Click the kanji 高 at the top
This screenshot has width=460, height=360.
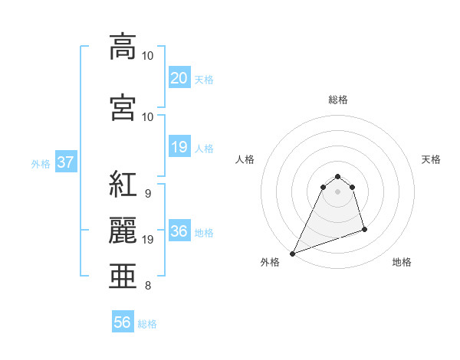(x=123, y=46)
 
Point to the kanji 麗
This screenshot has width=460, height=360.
(x=123, y=229)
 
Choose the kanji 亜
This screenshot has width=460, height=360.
(x=123, y=276)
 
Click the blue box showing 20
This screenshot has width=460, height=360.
(x=179, y=78)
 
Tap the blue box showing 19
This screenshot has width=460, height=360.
(x=179, y=147)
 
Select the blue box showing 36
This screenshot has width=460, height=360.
(x=179, y=232)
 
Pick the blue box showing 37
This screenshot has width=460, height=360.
(x=64, y=162)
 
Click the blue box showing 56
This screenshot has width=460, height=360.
(x=123, y=323)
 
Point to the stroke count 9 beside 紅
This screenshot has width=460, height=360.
(x=147, y=194)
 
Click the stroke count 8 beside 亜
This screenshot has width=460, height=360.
(x=147, y=286)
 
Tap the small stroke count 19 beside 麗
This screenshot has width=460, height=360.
(x=149, y=240)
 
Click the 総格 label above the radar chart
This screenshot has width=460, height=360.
(x=338, y=100)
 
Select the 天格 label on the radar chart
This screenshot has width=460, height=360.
(x=431, y=159)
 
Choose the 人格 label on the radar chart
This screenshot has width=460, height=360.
(x=245, y=159)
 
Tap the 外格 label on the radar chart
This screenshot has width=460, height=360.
(x=270, y=263)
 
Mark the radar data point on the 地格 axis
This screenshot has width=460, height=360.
(x=364, y=229)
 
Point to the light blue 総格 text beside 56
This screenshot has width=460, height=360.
(x=148, y=324)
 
